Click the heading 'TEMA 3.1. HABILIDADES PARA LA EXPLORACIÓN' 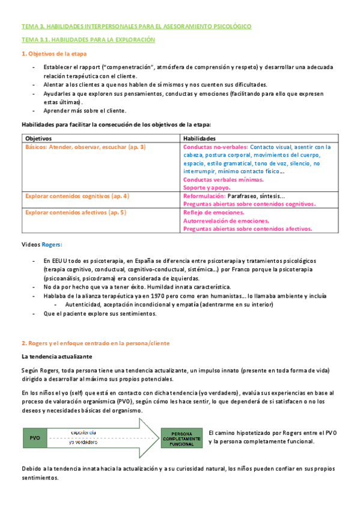[x=88, y=40]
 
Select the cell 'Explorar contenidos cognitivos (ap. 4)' [x=77, y=196]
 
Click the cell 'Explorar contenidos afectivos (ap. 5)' [x=75, y=212]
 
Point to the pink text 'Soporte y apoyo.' [x=206, y=188]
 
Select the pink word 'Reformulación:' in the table [x=204, y=196]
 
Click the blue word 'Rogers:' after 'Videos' [x=52, y=245]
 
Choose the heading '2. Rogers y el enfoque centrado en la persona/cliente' [x=96, y=343]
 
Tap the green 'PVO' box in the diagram [x=35, y=438]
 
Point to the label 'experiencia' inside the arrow [x=85, y=433]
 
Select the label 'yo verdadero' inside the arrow [x=85, y=443]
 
